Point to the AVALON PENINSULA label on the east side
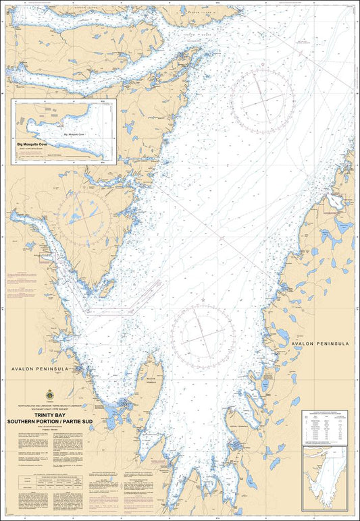point(320,344)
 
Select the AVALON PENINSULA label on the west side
point(36,369)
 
